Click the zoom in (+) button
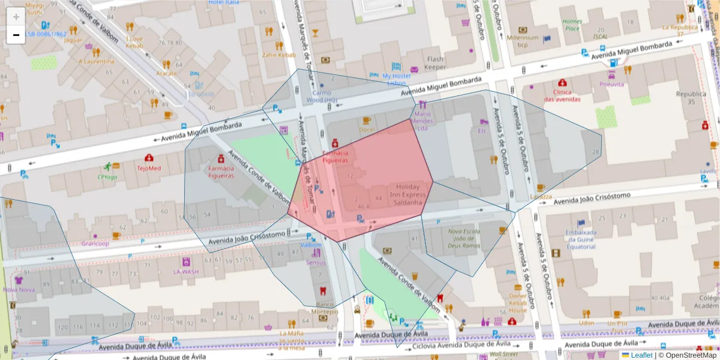(x=16, y=17)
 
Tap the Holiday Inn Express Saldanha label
(x=408, y=194)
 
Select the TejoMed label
(x=149, y=168)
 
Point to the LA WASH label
(x=186, y=271)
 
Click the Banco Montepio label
(x=323, y=308)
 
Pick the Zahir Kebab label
(x=279, y=55)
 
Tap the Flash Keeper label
(x=435, y=63)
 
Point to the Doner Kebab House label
(x=518, y=302)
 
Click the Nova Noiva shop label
(x=19, y=289)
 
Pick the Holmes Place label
(x=572, y=25)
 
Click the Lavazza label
(x=541, y=196)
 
